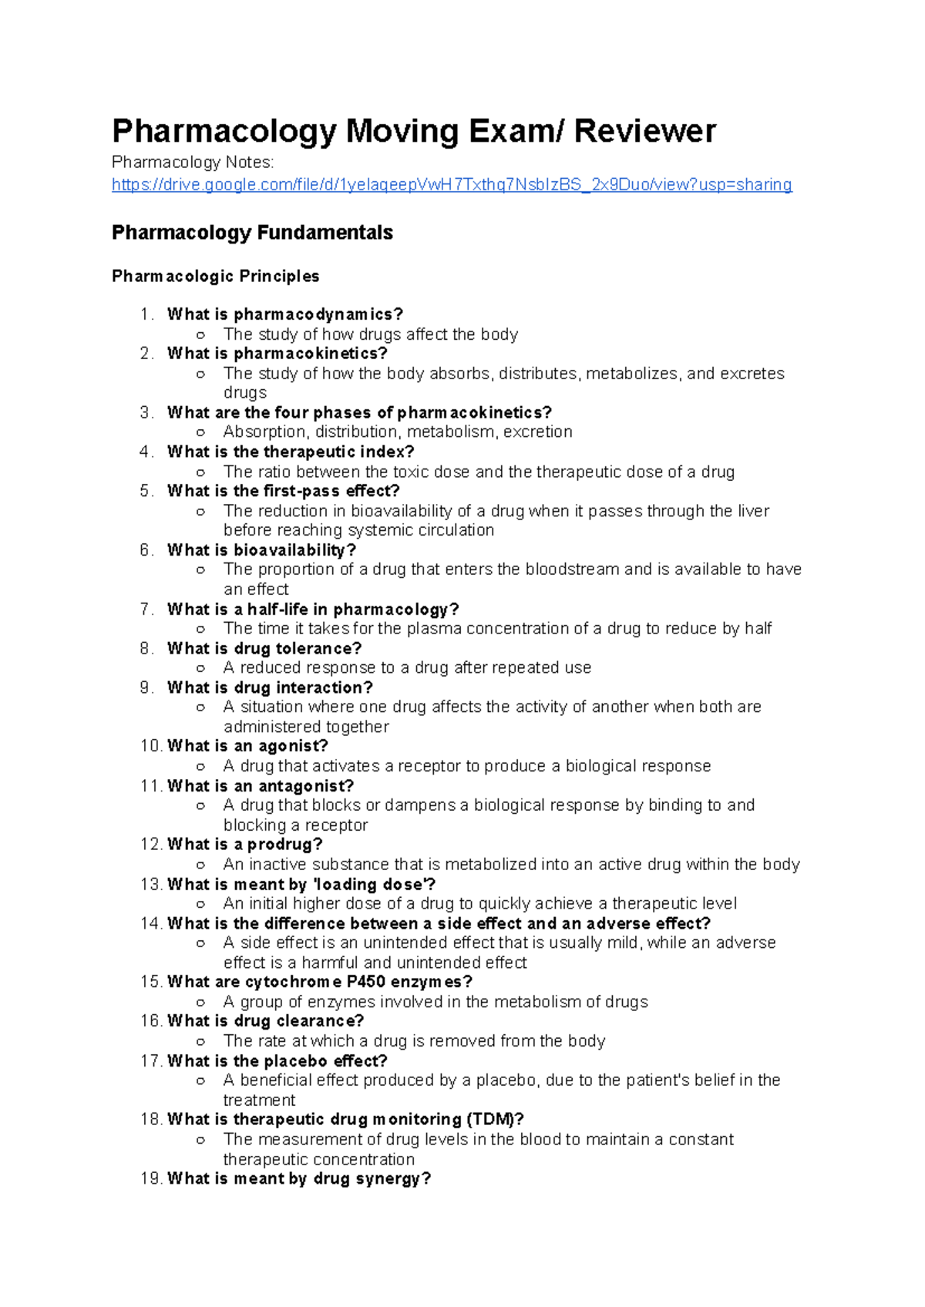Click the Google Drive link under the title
tap(452, 185)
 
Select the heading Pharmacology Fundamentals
tap(252, 233)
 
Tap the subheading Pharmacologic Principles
tap(215, 276)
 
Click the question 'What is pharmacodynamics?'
tap(285, 314)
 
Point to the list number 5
tap(146, 491)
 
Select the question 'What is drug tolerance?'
tap(264, 648)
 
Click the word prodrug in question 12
tap(284, 844)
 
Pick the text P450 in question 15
tap(366, 982)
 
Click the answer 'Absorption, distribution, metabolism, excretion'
tap(398, 432)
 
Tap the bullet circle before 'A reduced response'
tap(200, 668)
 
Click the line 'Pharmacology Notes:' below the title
tap(192, 163)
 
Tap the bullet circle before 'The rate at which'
tap(200, 1041)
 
